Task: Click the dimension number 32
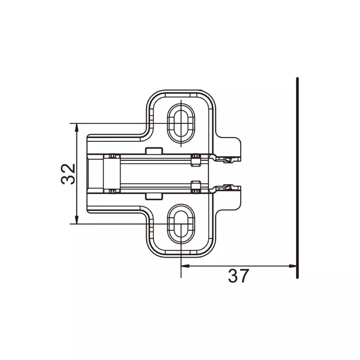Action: coord(68,174)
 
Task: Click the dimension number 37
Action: coord(238,276)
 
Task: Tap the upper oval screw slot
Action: coord(181,123)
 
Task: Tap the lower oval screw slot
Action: coord(181,224)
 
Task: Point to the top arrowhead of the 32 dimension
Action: coord(77,128)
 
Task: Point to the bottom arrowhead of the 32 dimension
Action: coord(77,220)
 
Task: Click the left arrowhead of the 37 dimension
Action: coord(185,266)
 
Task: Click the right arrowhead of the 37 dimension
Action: coord(293,266)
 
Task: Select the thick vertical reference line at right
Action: coord(298,178)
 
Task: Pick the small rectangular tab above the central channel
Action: coord(154,151)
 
